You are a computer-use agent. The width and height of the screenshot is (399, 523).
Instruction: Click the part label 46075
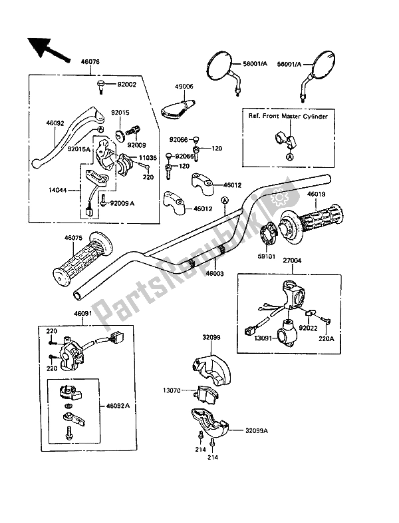tap(74, 236)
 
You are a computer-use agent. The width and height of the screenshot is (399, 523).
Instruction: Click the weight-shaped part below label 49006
tap(179, 105)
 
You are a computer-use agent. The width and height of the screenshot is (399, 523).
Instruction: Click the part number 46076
tap(90, 62)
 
